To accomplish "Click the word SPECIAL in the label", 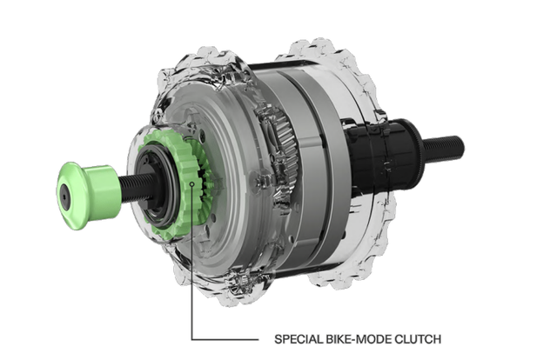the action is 298,339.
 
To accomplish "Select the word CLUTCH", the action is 418,339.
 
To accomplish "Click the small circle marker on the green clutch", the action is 192,183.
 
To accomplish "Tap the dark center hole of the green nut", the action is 64,195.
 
